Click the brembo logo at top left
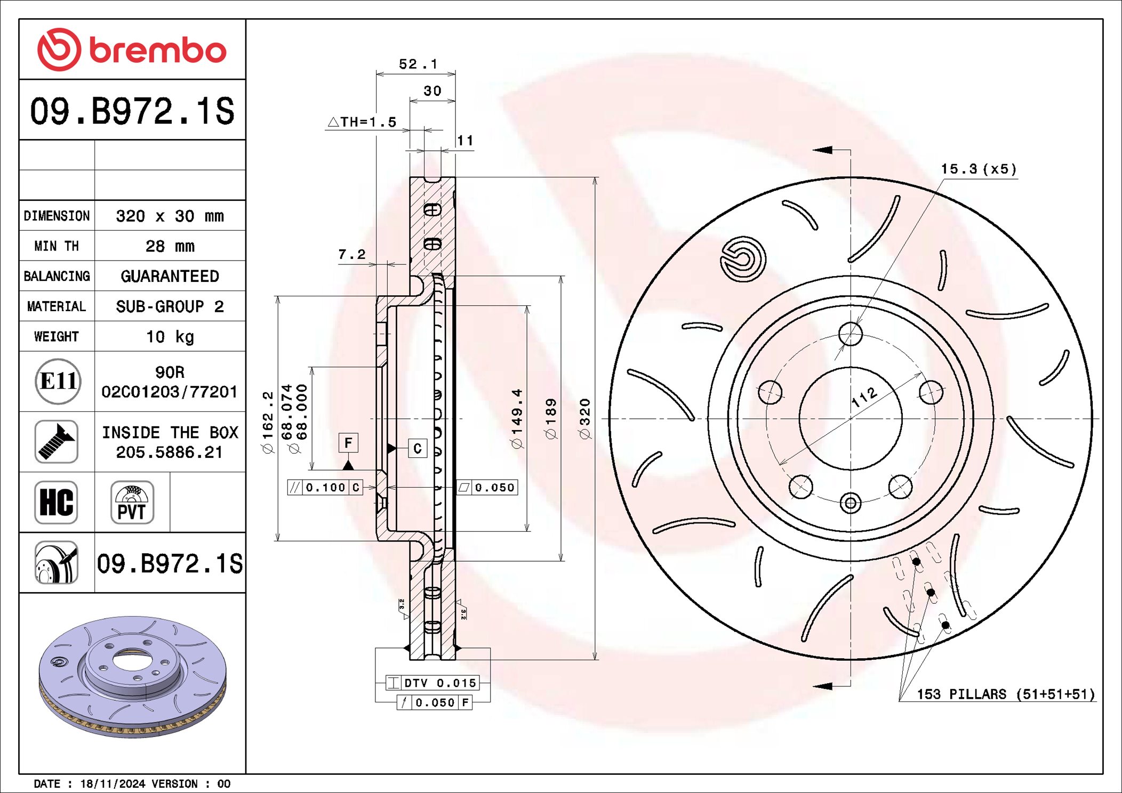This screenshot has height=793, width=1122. click(x=132, y=50)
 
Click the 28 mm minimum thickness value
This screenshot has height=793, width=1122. click(x=170, y=246)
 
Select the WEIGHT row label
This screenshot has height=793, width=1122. click(x=57, y=337)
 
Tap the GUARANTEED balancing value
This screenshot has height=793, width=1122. click(x=170, y=276)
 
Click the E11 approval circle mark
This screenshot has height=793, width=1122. click(x=58, y=381)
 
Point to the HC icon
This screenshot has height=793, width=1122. click(x=57, y=502)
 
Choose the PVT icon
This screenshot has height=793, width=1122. click(x=132, y=502)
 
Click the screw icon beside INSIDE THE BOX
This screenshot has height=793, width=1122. click(x=57, y=441)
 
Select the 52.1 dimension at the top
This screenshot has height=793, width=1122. click(x=418, y=64)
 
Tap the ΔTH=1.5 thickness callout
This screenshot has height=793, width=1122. click(x=362, y=122)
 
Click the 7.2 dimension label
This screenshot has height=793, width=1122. click(x=352, y=255)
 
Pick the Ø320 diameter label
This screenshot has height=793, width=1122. click(x=585, y=419)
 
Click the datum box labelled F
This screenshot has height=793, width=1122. click(x=348, y=443)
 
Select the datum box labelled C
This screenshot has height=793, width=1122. click(x=417, y=448)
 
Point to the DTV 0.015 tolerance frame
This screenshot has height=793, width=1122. click(x=432, y=683)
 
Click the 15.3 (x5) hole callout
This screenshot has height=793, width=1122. click(x=979, y=169)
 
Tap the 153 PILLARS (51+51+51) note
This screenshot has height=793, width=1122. click(x=1005, y=694)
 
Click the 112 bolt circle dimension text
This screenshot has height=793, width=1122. click(x=864, y=397)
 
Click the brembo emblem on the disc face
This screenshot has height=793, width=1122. click(x=743, y=259)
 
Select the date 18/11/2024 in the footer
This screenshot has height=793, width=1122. click(x=113, y=783)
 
